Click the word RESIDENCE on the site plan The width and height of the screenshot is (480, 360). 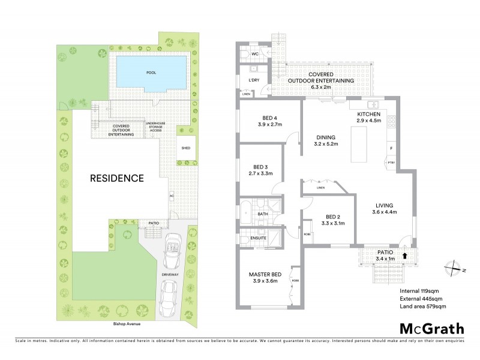pos(117,178)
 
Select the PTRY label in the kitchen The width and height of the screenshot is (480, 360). pos(391,163)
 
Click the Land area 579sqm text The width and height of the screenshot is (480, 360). pos(423,307)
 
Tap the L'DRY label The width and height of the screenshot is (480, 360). pos(253,80)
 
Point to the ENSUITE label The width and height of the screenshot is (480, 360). pos(259,239)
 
